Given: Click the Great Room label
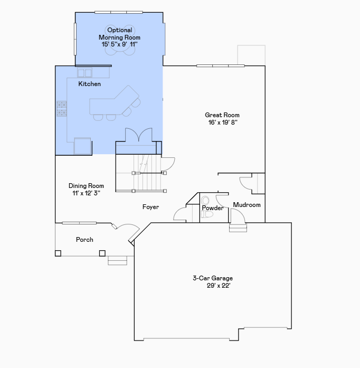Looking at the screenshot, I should pos(222,115).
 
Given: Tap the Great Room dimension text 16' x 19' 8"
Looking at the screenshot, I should pos(222,122).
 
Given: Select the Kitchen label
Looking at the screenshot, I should pos(90,84).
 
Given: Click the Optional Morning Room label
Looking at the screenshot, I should pos(120,34).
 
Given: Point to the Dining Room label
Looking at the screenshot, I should pos(86,186).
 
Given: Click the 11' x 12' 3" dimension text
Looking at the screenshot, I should pos(86,193).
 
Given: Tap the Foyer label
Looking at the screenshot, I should pos(150,207).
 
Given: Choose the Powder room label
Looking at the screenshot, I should pos(213,208).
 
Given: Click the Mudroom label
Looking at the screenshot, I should pos(247,205).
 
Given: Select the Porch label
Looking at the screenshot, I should pos(84,240).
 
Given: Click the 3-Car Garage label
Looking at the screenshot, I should pos(213,278).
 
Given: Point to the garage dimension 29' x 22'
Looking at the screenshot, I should pos(219,286).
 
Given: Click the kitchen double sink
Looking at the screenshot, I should pos(85,72).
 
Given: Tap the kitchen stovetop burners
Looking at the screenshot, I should pos(62,108).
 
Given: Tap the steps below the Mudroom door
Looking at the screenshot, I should pos(238,227).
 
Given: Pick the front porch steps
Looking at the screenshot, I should pos(118,260).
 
